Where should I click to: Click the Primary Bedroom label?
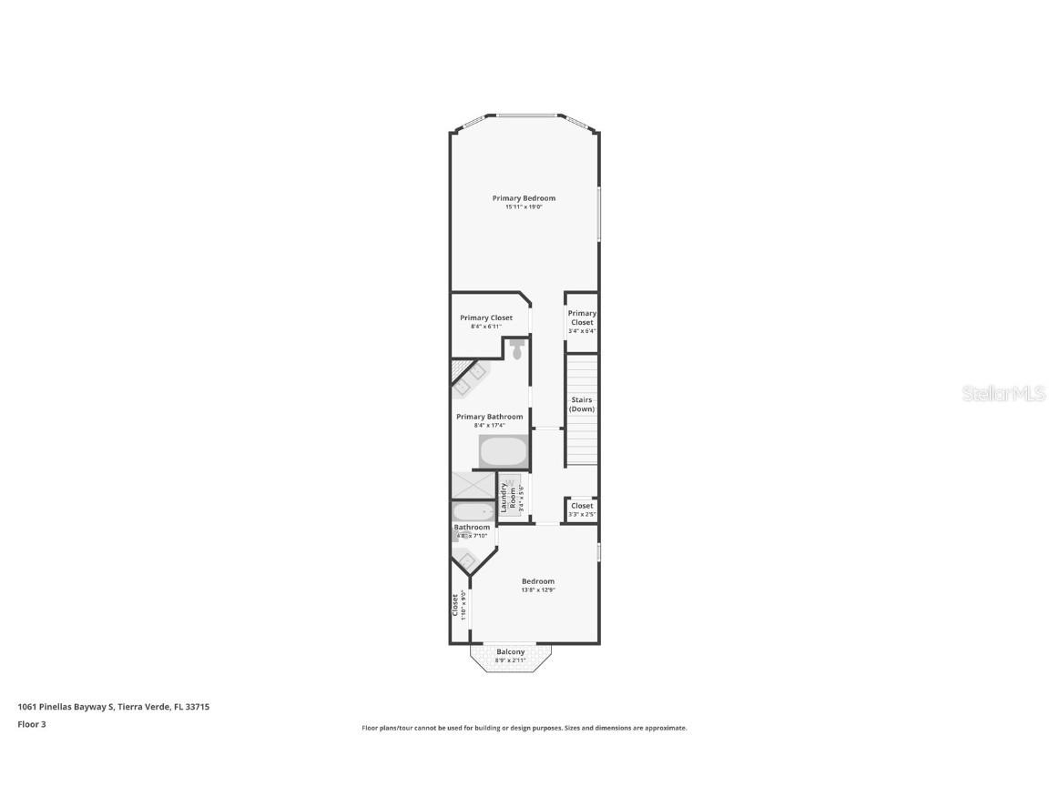524,198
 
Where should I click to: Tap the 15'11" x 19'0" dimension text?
524,207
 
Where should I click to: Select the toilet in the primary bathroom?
516,349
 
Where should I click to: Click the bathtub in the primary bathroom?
504,451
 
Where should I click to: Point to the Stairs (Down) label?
582,405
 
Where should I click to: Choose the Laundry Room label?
507,498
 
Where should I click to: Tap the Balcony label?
511,651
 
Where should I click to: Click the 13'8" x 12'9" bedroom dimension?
537,590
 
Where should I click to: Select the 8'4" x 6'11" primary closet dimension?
485,327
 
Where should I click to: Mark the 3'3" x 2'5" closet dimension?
582,515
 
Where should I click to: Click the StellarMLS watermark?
1004,394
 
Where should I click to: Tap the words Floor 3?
31,724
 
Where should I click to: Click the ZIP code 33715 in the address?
198,706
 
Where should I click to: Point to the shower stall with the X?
473,485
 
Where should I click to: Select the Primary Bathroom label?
489,417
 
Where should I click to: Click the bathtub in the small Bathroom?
473,512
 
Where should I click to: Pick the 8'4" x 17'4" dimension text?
489,426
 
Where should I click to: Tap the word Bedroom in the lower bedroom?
537,581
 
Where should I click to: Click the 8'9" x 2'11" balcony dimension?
510,660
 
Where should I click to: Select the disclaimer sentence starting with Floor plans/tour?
524,728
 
